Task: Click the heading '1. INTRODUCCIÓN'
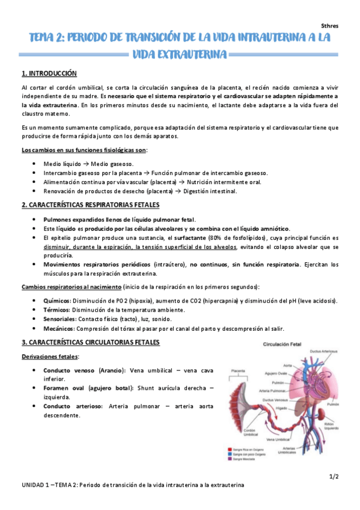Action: coord(49,73)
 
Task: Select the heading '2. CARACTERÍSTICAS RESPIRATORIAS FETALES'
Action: coord(94,205)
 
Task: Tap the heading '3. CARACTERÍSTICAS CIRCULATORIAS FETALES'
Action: coord(91,342)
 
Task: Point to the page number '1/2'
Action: coord(334,476)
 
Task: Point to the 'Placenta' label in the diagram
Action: coord(238,371)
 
